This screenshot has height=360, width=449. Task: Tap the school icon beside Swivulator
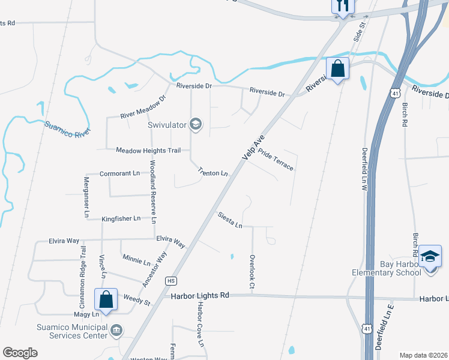point(195,125)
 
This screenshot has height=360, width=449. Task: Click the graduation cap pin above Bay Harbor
point(430,256)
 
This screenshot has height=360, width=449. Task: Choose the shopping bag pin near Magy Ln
point(106,301)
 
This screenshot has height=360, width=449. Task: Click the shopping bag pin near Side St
point(338,69)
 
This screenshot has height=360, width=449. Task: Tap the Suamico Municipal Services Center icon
point(116,329)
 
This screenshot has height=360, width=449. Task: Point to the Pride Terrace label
point(276,160)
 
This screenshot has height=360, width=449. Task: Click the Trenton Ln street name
point(213,173)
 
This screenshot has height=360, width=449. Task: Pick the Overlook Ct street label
point(252,268)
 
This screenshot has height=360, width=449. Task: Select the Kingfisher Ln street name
point(121,218)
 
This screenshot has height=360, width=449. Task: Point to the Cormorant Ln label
point(119,173)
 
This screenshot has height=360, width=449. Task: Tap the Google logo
point(20,353)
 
